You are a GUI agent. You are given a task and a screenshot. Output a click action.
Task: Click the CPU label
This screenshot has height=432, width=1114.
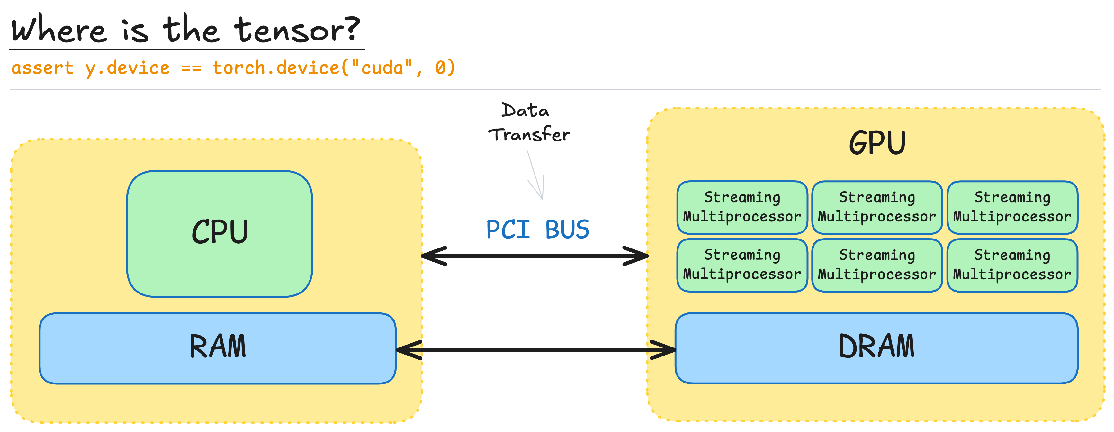click(220, 232)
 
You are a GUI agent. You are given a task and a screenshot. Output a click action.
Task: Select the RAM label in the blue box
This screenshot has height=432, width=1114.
click(218, 347)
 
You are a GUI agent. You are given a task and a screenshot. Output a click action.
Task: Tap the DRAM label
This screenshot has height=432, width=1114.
click(876, 347)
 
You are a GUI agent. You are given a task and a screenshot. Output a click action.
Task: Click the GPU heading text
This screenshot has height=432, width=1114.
click(877, 143)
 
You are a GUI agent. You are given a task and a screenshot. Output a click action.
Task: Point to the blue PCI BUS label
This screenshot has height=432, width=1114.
click(537, 230)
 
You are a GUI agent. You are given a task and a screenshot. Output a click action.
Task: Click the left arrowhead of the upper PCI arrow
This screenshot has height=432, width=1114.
click(432, 256)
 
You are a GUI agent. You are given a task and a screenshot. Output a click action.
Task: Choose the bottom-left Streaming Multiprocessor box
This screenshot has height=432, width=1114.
click(742, 265)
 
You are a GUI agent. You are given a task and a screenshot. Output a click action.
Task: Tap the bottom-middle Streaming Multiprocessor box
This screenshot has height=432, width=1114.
click(877, 265)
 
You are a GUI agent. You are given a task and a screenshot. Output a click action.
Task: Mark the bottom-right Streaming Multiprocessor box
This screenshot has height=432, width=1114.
click(1012, 265)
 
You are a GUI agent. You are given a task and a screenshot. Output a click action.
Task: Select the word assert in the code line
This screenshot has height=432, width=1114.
click(42, 68)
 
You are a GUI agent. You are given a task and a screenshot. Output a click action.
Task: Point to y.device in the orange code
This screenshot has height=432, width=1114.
click(127, 68)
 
